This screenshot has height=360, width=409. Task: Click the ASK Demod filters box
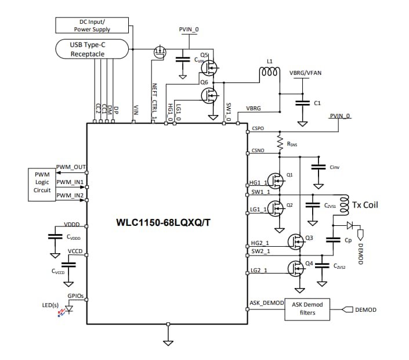tap(307, 309)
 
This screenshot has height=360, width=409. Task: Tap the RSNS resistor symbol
tap(280, 141)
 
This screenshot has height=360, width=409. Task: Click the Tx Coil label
tap(365, 204)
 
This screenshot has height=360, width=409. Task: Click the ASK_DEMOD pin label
tap(266, 303)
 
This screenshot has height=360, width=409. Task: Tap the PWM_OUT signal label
tap(71, 167)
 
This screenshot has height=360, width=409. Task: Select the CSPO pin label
tap(258, 127)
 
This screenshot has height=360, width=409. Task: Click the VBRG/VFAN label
tap(305, 73)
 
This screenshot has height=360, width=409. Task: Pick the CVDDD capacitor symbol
tap(55, 236)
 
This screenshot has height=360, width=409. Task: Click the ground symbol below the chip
tap(168, 342)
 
